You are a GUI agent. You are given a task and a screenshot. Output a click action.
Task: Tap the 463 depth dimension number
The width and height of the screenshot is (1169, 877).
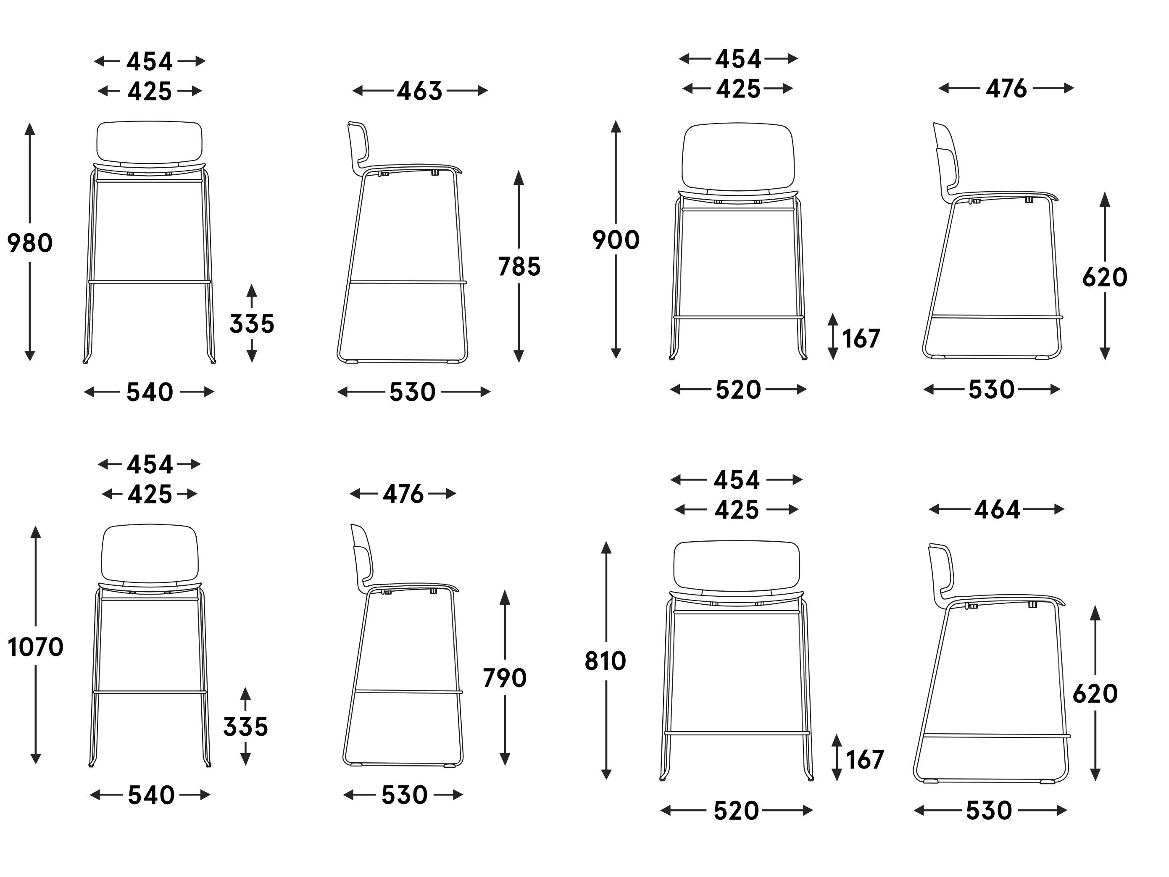(x=420, y=91)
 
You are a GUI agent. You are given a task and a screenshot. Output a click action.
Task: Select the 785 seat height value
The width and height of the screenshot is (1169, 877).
(x=519, y=266)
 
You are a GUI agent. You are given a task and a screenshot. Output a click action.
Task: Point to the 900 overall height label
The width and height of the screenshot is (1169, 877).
(x=616, y=240)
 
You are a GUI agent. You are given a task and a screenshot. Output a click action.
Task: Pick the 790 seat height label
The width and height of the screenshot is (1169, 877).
(x=505, y=678)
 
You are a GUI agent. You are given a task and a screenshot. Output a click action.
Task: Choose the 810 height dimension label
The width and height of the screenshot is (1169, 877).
(x=606, y=661)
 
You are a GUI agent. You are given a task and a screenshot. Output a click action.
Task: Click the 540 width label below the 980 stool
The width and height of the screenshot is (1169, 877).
(x=150, y=392)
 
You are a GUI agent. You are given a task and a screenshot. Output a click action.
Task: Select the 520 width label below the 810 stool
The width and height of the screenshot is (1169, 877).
(x=736, y=810)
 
